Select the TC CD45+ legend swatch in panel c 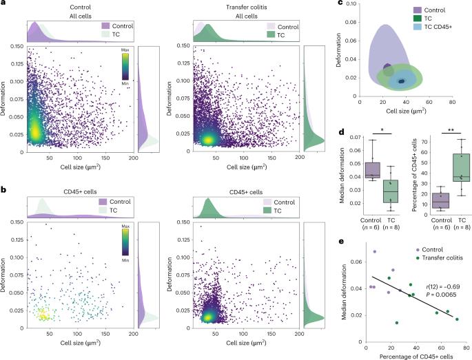[x=417, y=26]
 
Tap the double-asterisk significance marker [x=451, y=129]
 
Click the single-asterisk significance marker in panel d [x=382, y=130]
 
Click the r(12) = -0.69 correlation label [x=443, y=286]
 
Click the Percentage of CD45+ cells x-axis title [x=416, y=357]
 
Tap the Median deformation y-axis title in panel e [x=345, y=292]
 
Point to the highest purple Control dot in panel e [x=375, y=251]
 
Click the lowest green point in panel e [x=397, y=323]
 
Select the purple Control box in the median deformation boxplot [x=372, y=170]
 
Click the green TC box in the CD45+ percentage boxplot [x=461, y=167]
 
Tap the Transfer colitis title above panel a [x=247, y=7]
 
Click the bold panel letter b [x=3, y=190]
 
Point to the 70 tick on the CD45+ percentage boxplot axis [x=424, y=142]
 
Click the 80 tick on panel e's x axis [x=466, y=348]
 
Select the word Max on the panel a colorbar [x=125, y=50]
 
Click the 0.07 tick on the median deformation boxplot [x=356, y=138]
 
